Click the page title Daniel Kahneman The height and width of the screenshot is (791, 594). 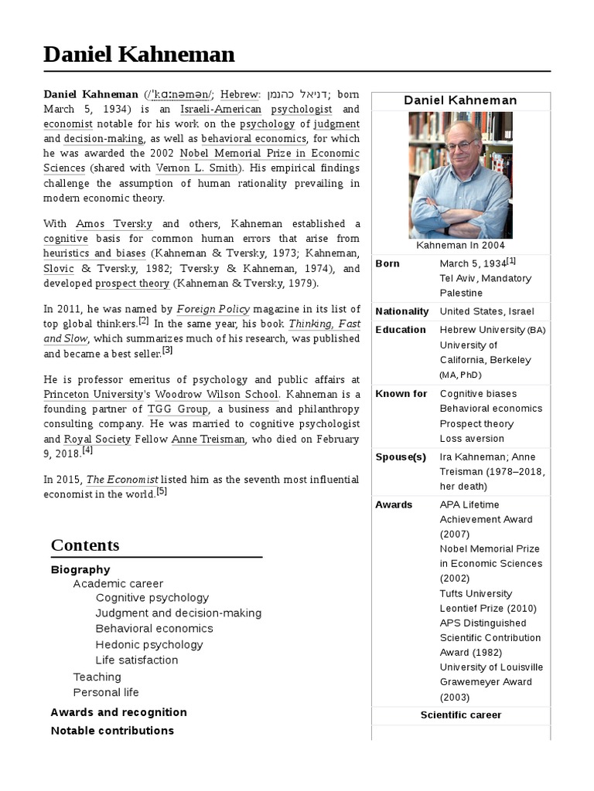139,54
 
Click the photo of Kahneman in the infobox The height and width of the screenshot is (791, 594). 460,175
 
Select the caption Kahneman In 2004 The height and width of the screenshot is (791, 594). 460,245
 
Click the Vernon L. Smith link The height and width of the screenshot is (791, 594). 199,168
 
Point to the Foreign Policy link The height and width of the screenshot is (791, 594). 213,309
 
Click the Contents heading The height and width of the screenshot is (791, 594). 85,545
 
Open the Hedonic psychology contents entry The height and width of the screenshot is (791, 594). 149,644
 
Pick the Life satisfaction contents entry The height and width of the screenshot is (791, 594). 137,660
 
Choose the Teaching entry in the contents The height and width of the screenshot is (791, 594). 97,677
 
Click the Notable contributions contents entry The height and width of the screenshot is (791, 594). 112,730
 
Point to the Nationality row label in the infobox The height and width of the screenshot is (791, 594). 401,311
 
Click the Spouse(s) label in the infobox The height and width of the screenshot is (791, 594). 401,457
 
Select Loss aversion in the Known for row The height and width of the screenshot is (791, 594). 472,438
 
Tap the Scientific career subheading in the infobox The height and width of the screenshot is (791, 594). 460,715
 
